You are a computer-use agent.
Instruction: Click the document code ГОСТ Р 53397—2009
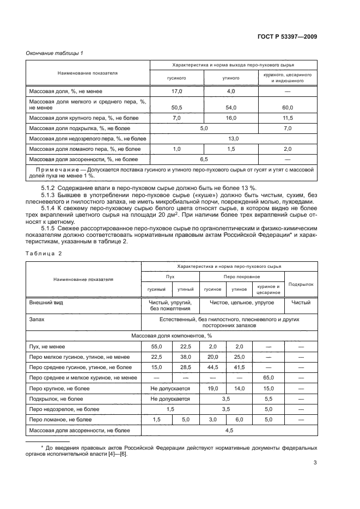point(288,36)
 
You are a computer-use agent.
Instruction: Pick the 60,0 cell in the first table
point(287,107)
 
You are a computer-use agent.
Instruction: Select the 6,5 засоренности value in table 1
point(204,159)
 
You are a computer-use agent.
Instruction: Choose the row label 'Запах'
point(37,320)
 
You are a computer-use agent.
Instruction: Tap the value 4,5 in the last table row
point(229,430)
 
